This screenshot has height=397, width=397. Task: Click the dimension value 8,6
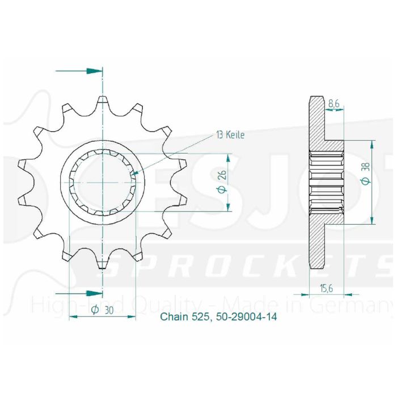[x=334, y=104]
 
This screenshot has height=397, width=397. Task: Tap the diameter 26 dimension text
[x=223, y=182]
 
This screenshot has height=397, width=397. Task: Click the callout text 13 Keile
[x=230, y=135]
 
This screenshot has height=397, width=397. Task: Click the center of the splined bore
[x=103, y=182]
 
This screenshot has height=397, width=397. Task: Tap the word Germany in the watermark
[x=363, y=306]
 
